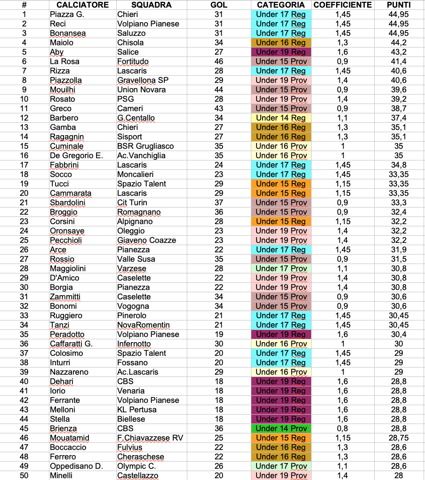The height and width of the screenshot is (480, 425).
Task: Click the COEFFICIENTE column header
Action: click(x=342, y=5)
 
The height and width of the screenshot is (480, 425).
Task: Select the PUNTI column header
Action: click(x=398, y=5)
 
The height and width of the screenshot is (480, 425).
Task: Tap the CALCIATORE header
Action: click(x=82, y=5)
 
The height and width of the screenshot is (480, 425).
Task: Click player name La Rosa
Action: click(x=64, y=62)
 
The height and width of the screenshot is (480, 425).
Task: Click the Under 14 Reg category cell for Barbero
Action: click(x=281, y=118)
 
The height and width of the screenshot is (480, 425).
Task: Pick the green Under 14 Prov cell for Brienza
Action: click(x=281, y=429)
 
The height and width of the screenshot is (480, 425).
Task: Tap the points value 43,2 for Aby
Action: click(x=398, y=52)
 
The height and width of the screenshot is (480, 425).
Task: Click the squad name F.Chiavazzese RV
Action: click(x=150, y=438)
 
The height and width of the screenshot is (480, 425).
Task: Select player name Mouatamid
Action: click(x=70, y=438)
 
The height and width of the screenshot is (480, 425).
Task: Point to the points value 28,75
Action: click(x=398, y=438)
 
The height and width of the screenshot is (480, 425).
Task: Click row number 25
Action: click(x=24, y=240)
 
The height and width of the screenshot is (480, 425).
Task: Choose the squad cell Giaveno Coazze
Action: click(x=146, y=240)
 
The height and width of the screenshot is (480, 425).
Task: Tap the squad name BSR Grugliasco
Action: click(x=145, y=146)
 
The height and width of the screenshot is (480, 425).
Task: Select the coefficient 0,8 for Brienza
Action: click(x=342, y=429)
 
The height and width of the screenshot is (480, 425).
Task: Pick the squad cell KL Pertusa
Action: click(x=137, y=410)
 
